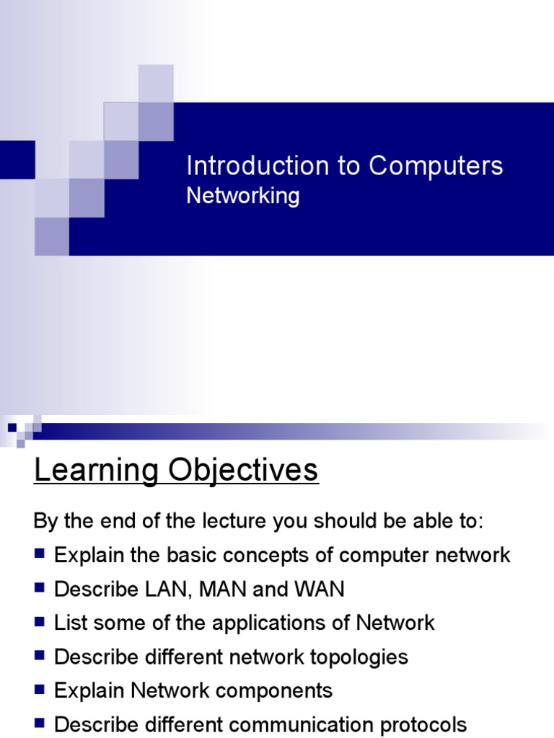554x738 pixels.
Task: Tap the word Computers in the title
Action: point(436,166)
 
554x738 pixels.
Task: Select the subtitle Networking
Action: point(242,195)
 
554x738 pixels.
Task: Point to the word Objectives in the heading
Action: point(243,471)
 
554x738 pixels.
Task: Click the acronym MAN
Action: point(223,590)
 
